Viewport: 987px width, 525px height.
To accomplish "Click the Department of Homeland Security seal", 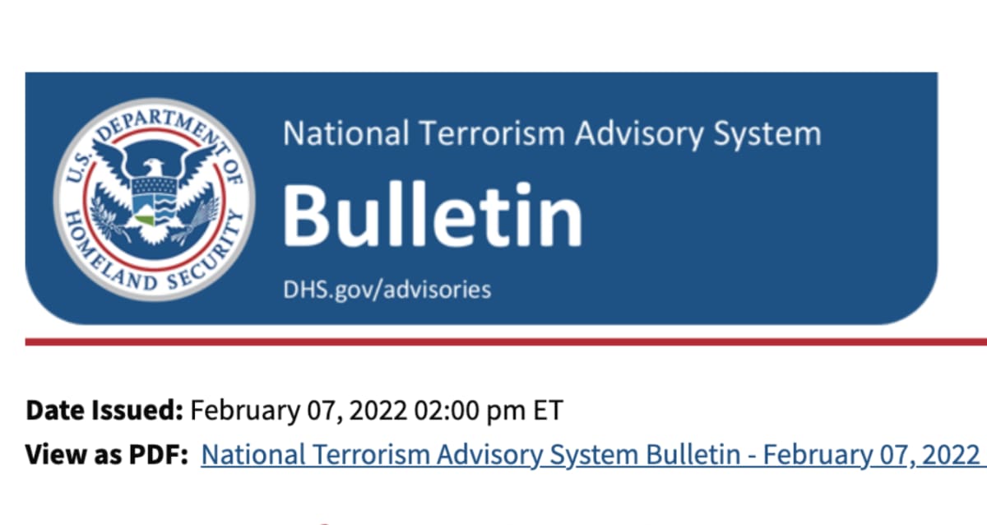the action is tap(155, 200).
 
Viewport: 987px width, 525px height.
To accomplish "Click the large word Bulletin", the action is tap(433, 215).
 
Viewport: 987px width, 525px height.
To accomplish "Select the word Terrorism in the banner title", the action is tap(491, 133).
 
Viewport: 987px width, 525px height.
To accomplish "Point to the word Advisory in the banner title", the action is tap(639, 134).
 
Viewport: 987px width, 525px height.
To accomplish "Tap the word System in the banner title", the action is tap(767, 134).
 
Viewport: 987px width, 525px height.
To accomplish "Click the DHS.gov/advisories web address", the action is tap(387, 290).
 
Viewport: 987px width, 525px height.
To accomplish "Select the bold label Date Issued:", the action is tap(104, 410).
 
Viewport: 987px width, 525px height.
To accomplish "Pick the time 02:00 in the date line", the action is tap(447, 411).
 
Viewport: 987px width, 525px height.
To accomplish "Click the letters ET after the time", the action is tap(548, 411).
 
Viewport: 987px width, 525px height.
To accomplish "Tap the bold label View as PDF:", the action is tap(107, 454).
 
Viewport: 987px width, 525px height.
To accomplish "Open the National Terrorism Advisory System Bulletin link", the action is tap(594, 455).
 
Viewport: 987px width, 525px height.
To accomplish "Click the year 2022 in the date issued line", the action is tap(378, 411).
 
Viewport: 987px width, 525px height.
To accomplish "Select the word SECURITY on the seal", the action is tap(207, 252).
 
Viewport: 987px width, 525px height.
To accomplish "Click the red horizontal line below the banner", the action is tap(506, 342).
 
